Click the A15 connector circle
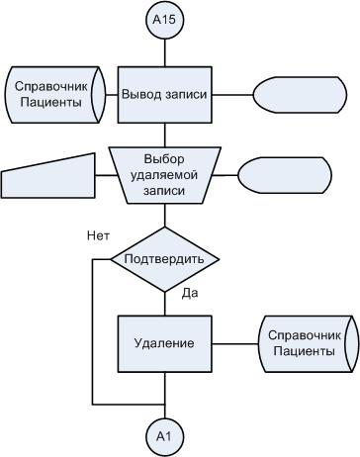pyautogui.click(x=164, y=20)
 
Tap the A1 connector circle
pyautogui.click(x=164, y=436)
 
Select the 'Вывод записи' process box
pyautogui.click(x=164, y=95)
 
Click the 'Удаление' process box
pyautogui.click(x=164, y=344)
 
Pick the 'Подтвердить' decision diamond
pyautogui.click(x=165, y=259)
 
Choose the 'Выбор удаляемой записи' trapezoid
pyautogui.click(x=164, y=175)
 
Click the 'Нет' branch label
pyautogui.click(x=98, y=236)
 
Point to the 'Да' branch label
pyautogui.click(x=190, y=294)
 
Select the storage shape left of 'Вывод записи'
pyautogui.click(x=55, y=95)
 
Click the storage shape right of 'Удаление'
pyautogui.click(x=309, y=344)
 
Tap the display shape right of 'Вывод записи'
pyautogui.click(x=300, y=95)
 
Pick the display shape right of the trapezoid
pyautogui.click(x=285, y=175)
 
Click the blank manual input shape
pyautogui.click(x=48, y=178)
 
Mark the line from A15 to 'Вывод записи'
pyautogui.click(x=165, y=53)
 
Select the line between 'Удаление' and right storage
pyautogui.click(x=235, y=344)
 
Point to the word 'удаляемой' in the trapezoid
pyautogui.click(x=164, y=175)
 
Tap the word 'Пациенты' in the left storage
pyautogui.click(x=50, y=102)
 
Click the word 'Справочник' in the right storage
pyautogui.click(x=304, y=335)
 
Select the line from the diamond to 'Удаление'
pyautogui.click(x=165, y=304)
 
